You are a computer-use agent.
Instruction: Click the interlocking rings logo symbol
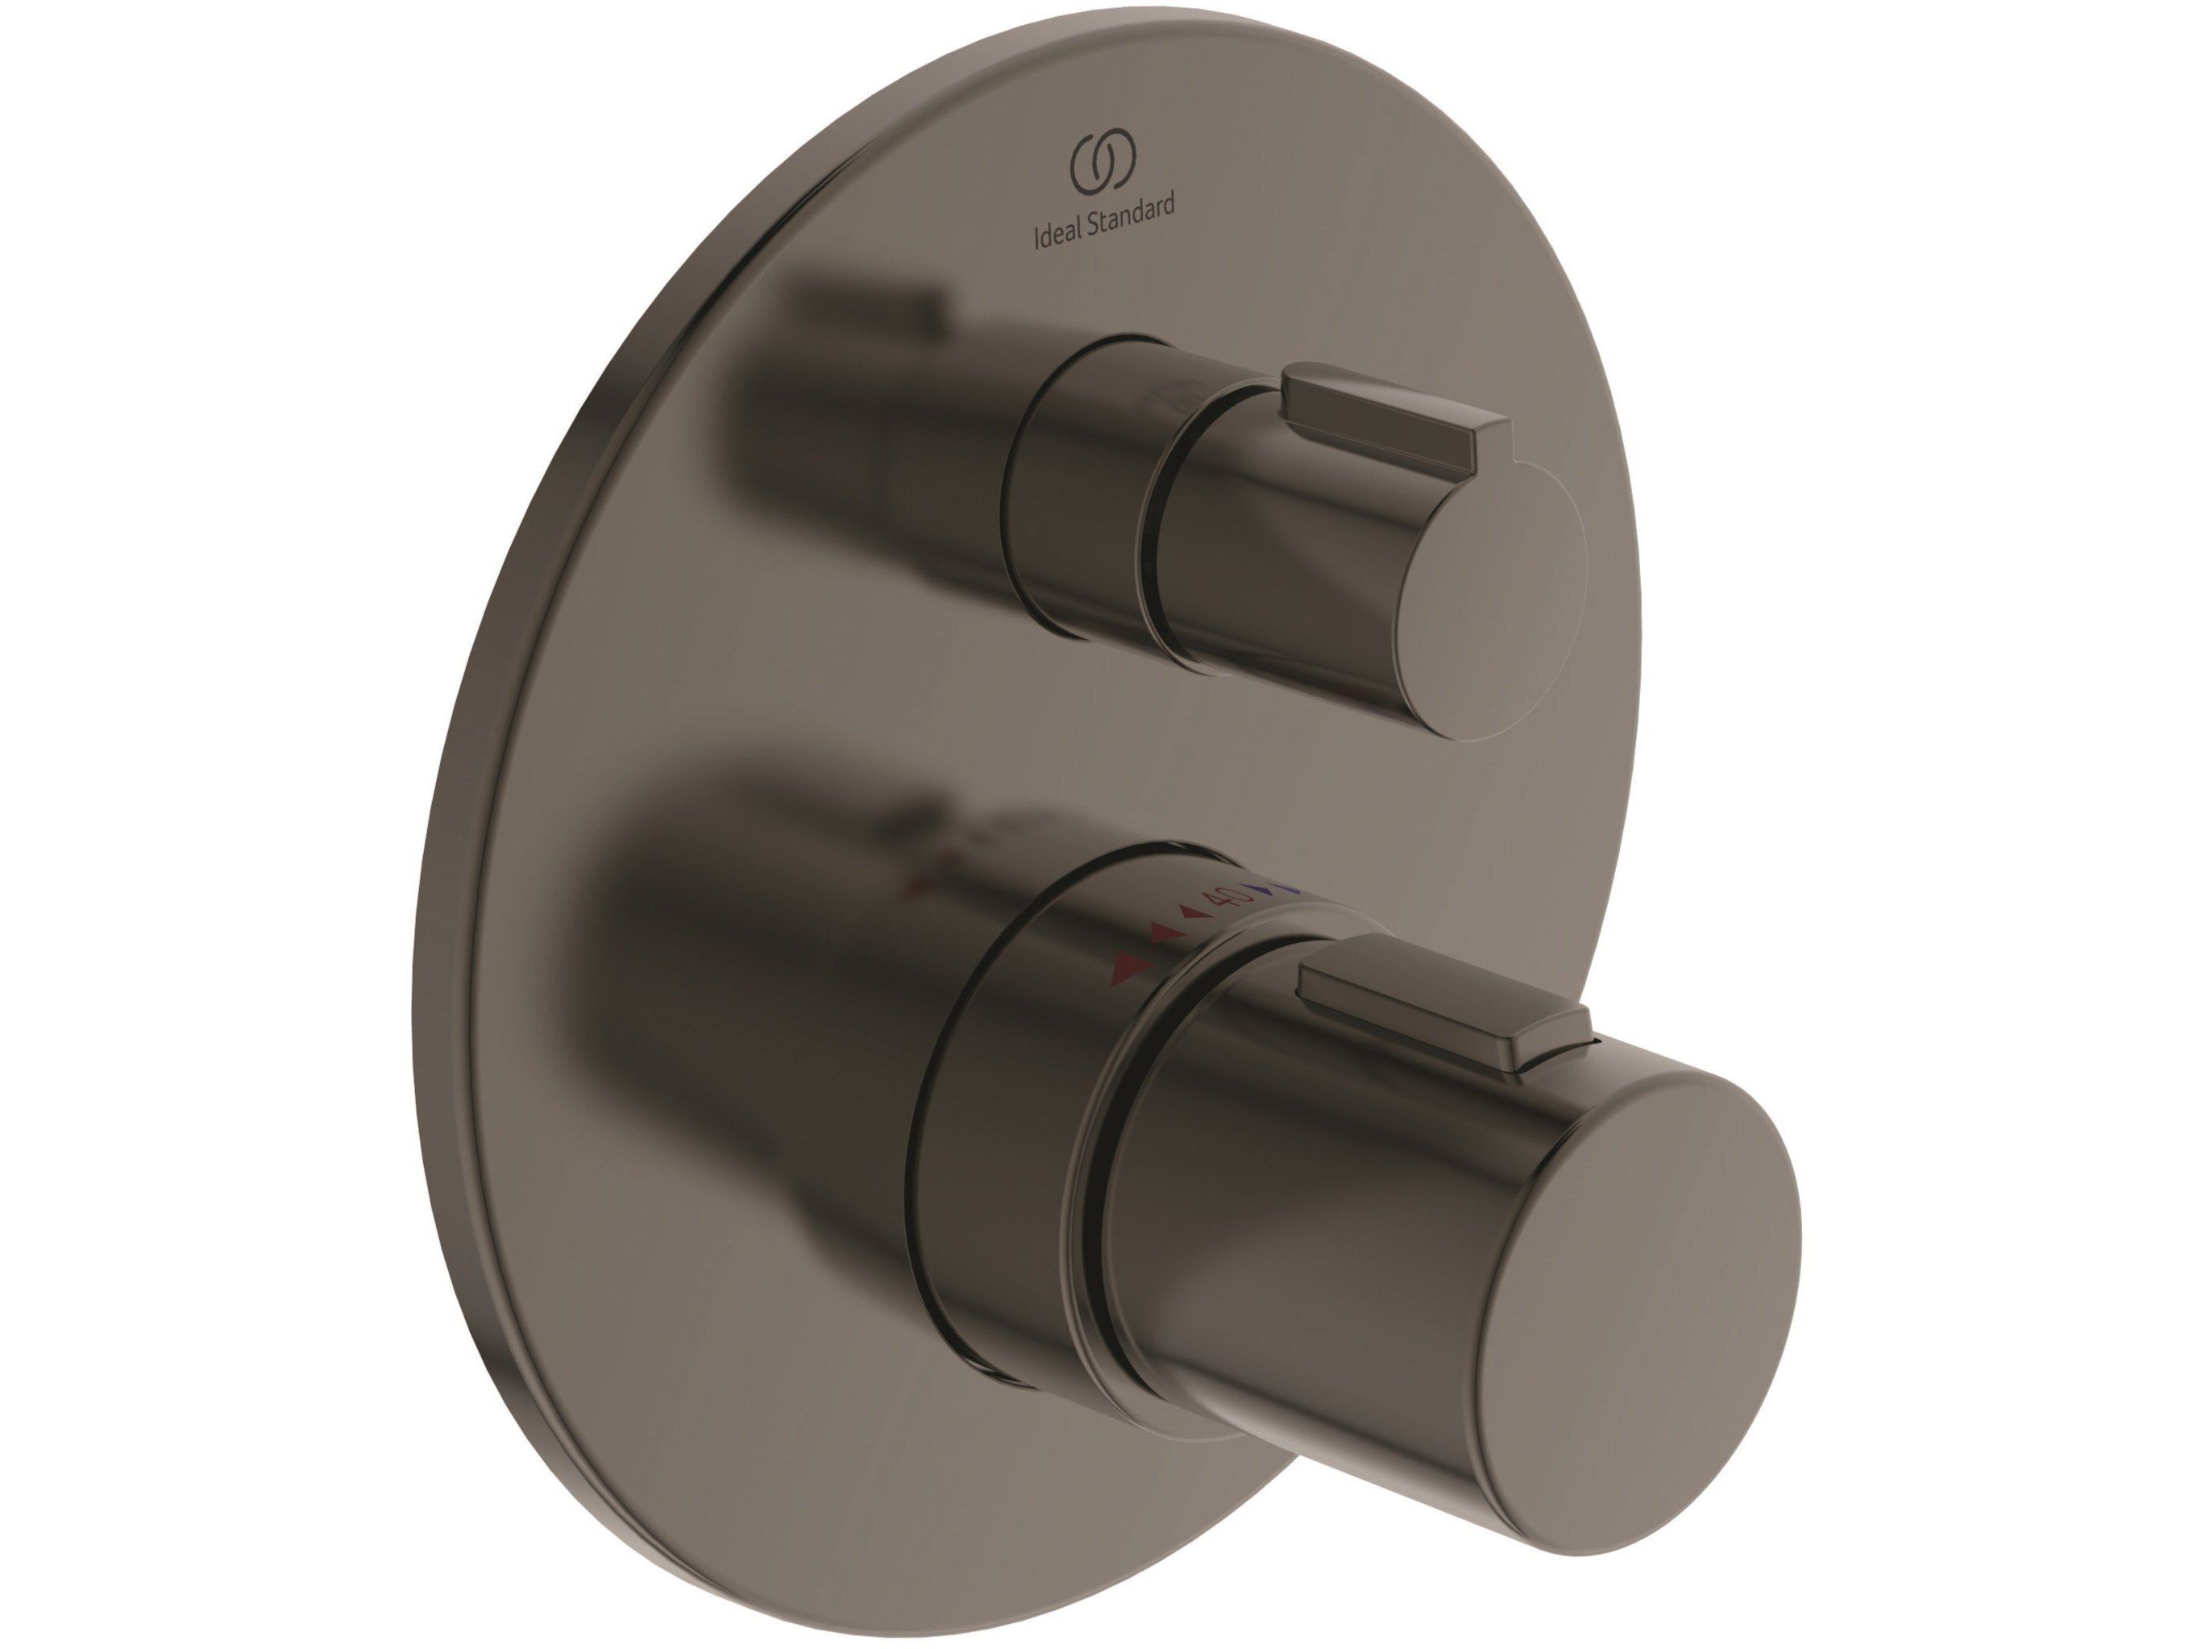(x=1102, y=162)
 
